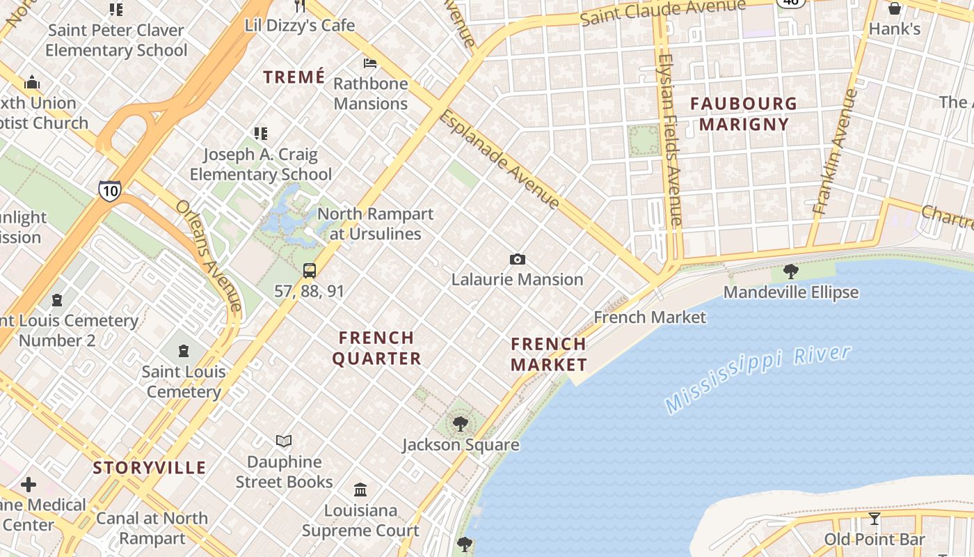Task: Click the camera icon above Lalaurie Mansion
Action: [517, 260]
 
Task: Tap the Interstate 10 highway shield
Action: [109, 191]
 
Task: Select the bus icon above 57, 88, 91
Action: [310, 271]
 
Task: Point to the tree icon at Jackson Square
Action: [460, 423]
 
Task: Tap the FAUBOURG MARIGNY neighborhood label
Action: [744, 114]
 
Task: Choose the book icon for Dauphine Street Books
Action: [284, 441]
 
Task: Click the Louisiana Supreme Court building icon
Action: [360, 489]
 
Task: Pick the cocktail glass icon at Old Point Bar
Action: [875, 519]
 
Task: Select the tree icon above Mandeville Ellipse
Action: [790, 271]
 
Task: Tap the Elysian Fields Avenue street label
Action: [669, 139]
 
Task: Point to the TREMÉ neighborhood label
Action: [294, 77]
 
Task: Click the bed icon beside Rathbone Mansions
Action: [370, 63]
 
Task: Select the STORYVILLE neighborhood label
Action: [150, 467]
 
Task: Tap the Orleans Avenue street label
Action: [208, 256]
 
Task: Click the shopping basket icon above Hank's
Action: [895, 8]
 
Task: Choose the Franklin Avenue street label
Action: [836, 151]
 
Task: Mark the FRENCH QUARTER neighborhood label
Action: [376, 348]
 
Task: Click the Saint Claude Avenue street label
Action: [662, 12]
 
